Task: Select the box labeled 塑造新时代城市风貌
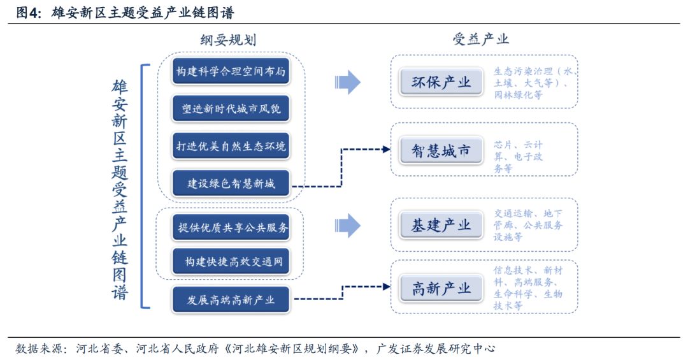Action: [231, 109]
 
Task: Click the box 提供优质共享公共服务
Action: [231, 227]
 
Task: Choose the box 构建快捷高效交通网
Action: [231, 261]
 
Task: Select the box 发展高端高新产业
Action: [231, 299]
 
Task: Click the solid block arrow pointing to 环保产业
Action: [347, 82]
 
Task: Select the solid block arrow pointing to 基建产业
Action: [347, 225]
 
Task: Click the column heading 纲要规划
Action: [228, 40]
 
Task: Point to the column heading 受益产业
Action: [481, 40]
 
